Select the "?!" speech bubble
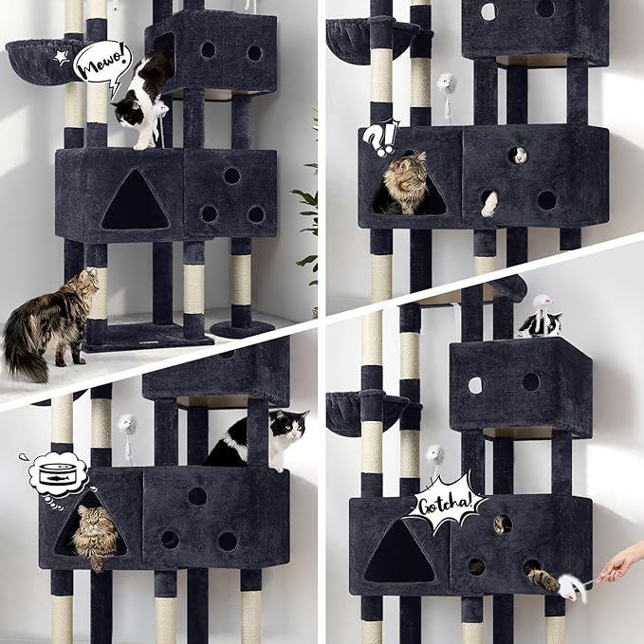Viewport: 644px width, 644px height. (x=380, y=138)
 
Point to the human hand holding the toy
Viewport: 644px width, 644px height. (x=619, y=565)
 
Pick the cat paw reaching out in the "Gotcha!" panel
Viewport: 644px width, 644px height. (x=543, y=578)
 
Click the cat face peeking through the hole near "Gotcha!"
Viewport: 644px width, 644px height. (x=500, y=524)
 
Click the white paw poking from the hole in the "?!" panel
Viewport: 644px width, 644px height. (x=489, y=203)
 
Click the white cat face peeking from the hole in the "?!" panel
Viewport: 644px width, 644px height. (x=518, y=155)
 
